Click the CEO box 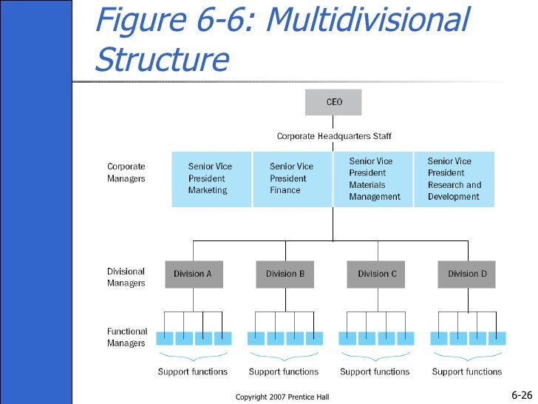(x=333, y=102)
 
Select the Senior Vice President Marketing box (x=211, y=179)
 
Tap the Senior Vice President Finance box (x=293, y=179)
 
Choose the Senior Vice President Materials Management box (x=373, y=179)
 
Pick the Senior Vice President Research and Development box (x=454, y=179)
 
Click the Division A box (x=194, y=274)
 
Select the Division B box (x=285, y=274)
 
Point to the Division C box (x=375, y=274)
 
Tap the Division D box (x=466, y=274)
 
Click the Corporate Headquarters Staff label (x=334, y=136)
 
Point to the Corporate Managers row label (x=126, y=172)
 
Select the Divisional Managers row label (x=126, y=277)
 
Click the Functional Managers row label (x=127, y=337)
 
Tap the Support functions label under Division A (x=192, y=371)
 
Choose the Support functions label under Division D (x=466, y=371)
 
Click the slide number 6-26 (x=522, y=395)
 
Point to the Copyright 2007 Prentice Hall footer (x=282, y=397)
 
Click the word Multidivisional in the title (x=368, y=19)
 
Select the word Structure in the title (x=162, y=58)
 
